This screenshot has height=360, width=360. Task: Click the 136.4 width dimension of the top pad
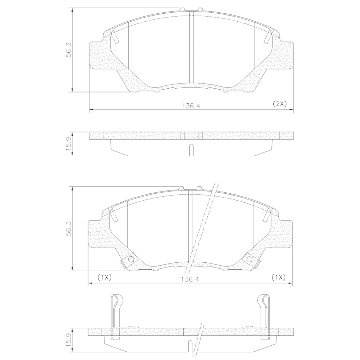[191, 106]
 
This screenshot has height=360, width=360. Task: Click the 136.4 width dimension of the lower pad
[190, 279]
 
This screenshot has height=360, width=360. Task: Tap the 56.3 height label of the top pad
[69, 50]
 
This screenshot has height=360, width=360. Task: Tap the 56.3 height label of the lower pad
[69, 228]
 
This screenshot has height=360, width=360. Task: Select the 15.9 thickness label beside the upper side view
[69, 144]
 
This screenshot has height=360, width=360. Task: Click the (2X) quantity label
[280, 104]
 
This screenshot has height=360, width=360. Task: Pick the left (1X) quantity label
[104, 278]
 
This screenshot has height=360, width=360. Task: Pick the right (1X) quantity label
[279, 278]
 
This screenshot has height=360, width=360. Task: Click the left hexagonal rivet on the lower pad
[131, 259]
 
